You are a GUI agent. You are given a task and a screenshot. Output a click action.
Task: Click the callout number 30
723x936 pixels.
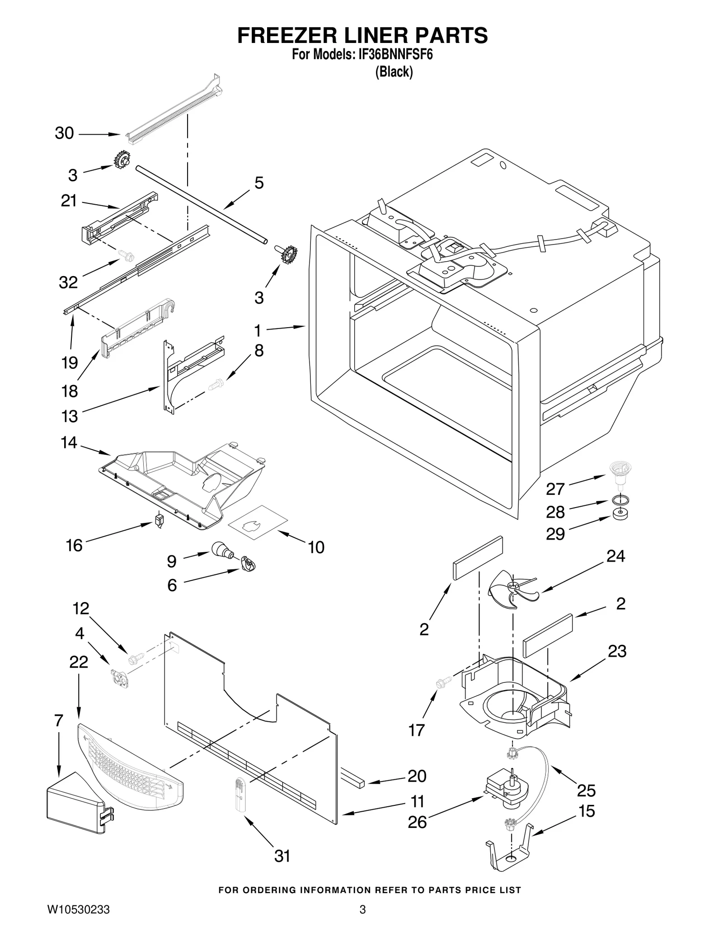click(x=64, y=133)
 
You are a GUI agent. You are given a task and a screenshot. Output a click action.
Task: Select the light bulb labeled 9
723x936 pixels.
click(x=221, y=550)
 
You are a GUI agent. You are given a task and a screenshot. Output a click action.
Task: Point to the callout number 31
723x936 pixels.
click(x=282, y=856)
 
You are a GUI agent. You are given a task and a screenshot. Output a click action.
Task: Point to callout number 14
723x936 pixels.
click(x=69, y=442)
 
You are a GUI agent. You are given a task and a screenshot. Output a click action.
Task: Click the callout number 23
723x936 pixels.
click(x=617, y=651)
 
